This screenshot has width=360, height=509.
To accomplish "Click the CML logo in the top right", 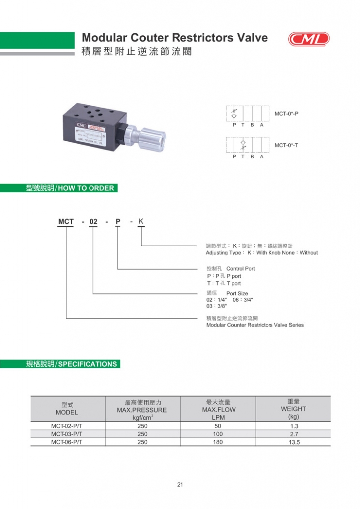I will click(308, 39).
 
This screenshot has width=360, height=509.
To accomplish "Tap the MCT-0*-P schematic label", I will click(287, 114).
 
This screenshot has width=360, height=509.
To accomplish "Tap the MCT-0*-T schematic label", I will click(286, 145).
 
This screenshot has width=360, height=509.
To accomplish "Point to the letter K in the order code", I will click(141, 221).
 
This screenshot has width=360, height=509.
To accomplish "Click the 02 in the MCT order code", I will click(93, 222).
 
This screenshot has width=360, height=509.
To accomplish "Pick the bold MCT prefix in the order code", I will click(66, 222).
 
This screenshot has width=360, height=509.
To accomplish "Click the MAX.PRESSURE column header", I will click(143, 410).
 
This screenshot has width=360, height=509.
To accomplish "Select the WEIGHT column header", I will click(293, 409).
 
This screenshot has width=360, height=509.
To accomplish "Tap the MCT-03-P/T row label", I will click(67, 434).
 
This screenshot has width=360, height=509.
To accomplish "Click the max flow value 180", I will click(218, 442).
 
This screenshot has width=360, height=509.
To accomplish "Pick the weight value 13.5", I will click(293, 442).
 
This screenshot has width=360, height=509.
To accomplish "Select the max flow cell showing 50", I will click(218, 426).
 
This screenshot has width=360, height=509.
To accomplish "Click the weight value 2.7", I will click(293, 434).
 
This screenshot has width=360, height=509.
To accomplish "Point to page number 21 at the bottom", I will click(180, 485).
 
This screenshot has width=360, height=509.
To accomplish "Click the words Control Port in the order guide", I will click(240, 269).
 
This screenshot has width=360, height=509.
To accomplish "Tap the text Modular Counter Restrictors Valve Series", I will click(255, 325).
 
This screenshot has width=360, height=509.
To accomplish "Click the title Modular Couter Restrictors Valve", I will click(174, 38).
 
